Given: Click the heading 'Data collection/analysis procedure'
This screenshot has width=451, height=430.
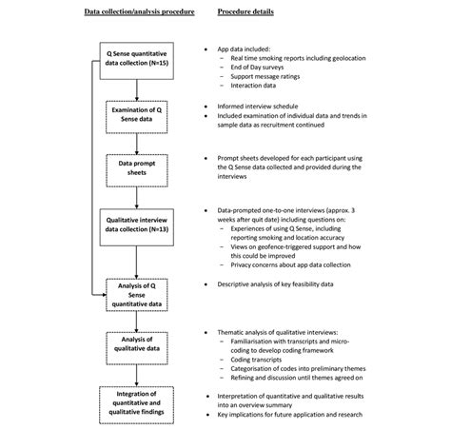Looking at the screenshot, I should [x=139, y=13].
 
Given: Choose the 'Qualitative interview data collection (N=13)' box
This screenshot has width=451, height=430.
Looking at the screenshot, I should [x=139, y=225].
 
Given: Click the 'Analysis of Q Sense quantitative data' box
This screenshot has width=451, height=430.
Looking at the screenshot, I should [x=139, y=292].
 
